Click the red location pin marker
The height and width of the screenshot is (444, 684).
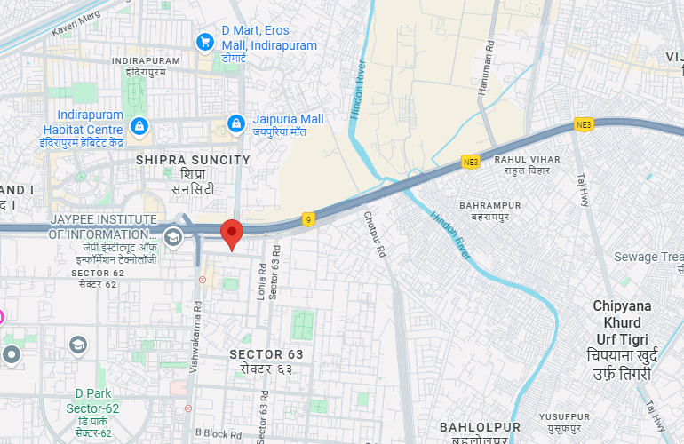click(x=232, y=234)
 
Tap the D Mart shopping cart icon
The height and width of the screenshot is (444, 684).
click(x=205, y=41)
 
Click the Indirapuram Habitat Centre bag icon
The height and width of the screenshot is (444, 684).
click(x=139, y=127)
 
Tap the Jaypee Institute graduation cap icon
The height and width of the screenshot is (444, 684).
click(x=173, y=234)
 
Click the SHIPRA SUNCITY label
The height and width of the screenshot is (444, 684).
click(x=193, y=160)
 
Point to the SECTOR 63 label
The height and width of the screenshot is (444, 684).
click(x=266, y=354)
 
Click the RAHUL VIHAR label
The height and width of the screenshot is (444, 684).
click(x=533, y=160)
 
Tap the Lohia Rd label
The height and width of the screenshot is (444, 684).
click(x=262, y=280)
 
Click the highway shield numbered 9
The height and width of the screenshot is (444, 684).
click(x=308, y=218)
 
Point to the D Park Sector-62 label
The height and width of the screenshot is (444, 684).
click(x=97, y=408)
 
